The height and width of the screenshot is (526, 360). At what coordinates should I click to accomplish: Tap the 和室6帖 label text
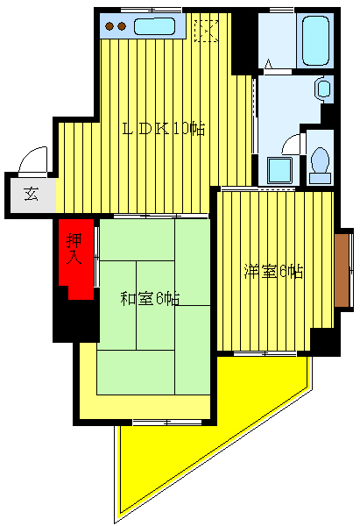[x=150, y=298]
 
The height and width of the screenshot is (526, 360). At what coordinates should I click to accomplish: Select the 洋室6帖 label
[x=273, y=272]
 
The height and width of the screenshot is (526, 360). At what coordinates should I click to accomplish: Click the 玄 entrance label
[x=31, y=195]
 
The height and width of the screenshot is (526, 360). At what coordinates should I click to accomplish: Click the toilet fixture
[x=319, y=161]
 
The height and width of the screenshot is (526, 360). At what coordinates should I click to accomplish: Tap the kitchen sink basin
[x=156, y=27]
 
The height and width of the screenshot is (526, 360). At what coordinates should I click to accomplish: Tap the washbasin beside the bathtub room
[x=322, y=89]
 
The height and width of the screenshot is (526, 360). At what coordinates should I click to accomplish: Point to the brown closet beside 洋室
[x=342, y=268]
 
